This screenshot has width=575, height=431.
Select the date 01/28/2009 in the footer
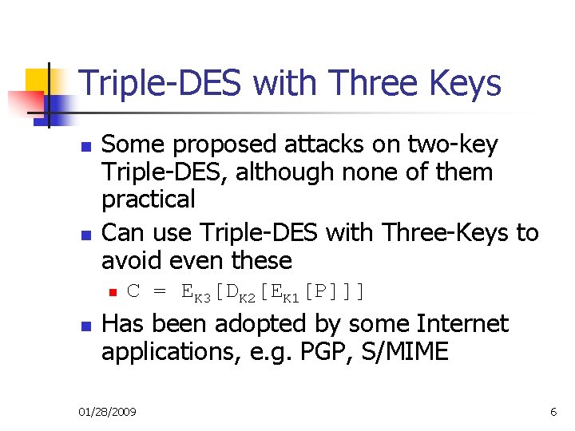click(107, 412)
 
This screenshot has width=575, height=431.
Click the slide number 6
click(553, 412)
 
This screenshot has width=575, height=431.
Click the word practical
click(149, 199)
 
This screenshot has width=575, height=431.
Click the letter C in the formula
click(133, 291)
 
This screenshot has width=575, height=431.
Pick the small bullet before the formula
click(113, 293)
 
